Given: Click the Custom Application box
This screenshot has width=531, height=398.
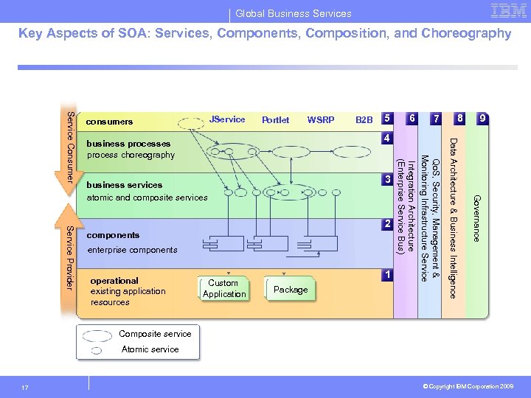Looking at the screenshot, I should point(223,288).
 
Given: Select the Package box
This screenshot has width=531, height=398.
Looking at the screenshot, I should point(291,290).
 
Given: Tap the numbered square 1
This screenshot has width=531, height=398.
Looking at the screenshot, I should point(386,274).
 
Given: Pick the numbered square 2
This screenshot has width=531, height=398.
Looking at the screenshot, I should point(386,223).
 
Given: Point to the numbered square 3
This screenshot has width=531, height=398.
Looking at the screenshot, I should point(386,180).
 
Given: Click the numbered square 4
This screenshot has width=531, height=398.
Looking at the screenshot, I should point(386,138).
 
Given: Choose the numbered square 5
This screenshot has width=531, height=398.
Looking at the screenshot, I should point(386,119).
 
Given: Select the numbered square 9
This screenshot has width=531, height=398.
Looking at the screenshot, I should point(482,119).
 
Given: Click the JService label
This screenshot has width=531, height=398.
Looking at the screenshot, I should point(227,119).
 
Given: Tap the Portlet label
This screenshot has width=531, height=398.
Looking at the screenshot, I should point(276,120).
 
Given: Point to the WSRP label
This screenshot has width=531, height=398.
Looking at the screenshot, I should point(321,120).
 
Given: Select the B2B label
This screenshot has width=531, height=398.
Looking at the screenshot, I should point(364,120).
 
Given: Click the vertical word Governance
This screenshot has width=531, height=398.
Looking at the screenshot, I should point(476,218).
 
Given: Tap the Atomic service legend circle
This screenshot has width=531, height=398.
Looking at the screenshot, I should point(97,350).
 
